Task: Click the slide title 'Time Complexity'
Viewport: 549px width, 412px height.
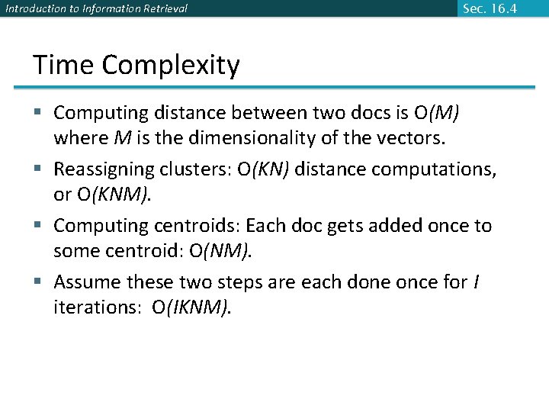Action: coord(136,66)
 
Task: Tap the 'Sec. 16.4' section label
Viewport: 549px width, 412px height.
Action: coord(490,8)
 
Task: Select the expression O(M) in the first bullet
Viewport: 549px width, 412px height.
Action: coord(437,113)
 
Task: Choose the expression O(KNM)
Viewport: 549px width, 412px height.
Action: coord(114,195)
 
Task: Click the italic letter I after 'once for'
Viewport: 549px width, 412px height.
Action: coord(476,282)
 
